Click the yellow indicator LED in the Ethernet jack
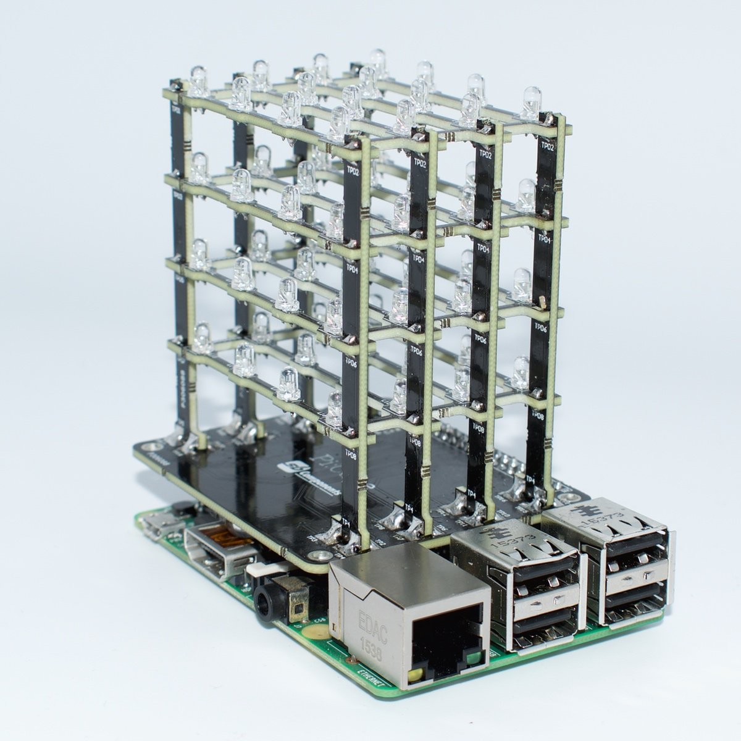click(x=417, y=675)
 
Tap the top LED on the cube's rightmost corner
click(x=530, y=103)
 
